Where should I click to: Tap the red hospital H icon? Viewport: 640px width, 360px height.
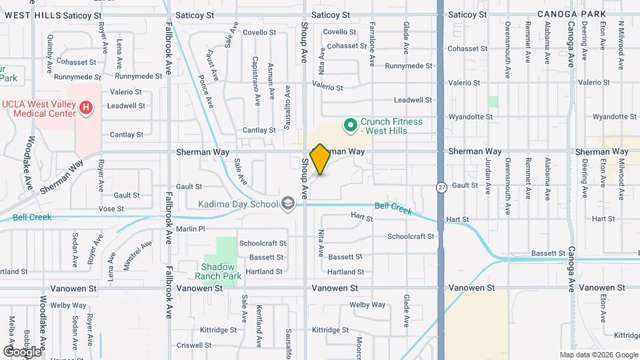click(85, 108)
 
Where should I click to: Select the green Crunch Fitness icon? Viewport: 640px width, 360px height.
click(349, 125)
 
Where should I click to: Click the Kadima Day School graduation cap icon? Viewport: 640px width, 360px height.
click(288, 203)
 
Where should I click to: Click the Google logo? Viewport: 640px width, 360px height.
click(22, 351)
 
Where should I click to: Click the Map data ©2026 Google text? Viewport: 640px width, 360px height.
click(598, 355)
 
